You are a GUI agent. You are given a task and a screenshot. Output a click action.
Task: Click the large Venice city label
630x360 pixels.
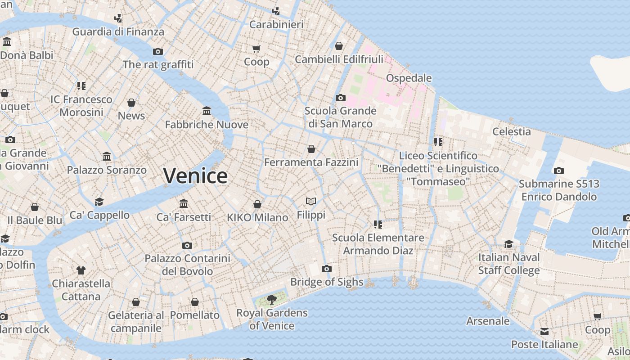click(195, 175)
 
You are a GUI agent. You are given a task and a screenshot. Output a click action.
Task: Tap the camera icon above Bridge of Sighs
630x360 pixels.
click(327, 269)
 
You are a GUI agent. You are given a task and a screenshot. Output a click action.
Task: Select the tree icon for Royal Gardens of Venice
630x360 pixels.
click(271, 299)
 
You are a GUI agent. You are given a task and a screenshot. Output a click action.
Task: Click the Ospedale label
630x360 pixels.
click(409, 78)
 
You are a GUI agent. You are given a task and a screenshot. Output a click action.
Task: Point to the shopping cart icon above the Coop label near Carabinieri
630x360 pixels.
click(256, 49)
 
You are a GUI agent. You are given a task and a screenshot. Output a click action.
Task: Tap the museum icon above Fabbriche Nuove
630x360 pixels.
click(207, 111)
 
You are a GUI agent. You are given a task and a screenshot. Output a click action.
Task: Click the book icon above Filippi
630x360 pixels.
click(311, 201)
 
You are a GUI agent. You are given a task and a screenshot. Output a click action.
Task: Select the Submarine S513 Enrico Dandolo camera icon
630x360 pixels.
click(558, 171)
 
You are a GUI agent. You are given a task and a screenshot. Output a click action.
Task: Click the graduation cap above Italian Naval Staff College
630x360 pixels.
click(508, 244)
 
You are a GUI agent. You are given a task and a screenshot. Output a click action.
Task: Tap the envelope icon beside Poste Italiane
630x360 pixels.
click(544, 332)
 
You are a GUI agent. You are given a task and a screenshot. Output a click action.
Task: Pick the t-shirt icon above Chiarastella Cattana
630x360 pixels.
click(81, 270)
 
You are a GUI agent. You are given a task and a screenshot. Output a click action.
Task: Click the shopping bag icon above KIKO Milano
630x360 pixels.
click(257, 204)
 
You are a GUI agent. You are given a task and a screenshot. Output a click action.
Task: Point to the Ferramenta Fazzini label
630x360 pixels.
click(311, 162)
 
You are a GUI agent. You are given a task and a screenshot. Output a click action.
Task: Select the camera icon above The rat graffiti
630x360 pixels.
click(158, 51)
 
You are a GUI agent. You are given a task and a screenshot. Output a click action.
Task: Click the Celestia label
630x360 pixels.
click(511, 131)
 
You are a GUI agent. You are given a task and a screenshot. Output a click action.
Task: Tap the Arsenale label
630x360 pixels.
click(488, 321)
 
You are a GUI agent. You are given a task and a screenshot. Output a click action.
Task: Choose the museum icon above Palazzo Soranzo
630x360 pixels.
click(107, 157)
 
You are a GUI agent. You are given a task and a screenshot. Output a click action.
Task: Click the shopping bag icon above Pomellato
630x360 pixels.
click(195, 301)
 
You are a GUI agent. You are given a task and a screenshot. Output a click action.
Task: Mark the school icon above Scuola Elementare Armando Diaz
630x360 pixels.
click(378, 224)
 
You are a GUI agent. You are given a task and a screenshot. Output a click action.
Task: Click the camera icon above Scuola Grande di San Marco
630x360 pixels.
click(341, 98)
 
